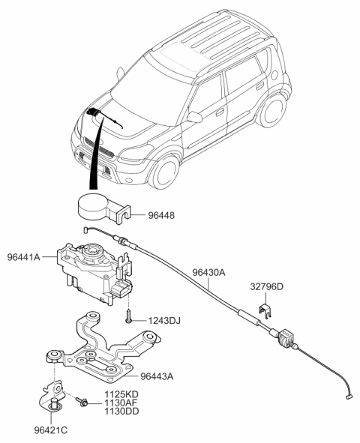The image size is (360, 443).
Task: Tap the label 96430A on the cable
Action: pyautogui.click(x=208, y=274)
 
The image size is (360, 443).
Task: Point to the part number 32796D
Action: pyautogui.click(x=266, y=286)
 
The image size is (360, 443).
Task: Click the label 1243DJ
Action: pyautogui.click(x=165, y=321)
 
